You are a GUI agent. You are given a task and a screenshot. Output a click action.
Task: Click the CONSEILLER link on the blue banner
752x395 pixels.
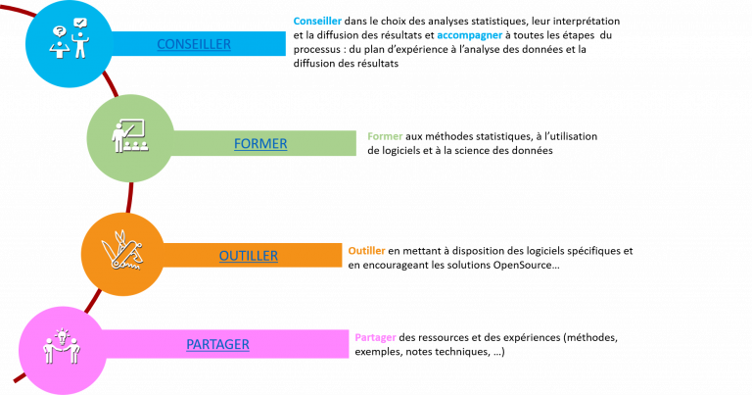pos(194,44)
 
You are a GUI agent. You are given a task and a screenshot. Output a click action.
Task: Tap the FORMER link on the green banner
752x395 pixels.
pos(260,143)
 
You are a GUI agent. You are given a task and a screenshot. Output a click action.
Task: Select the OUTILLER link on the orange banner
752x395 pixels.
pos(249,256)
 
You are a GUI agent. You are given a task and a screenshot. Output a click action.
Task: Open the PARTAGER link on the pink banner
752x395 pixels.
pos(217,344)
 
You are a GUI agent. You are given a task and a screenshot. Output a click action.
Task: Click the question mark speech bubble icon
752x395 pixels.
pos(60,32)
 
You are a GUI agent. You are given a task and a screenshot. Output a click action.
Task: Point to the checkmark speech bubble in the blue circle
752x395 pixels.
pos(80,24)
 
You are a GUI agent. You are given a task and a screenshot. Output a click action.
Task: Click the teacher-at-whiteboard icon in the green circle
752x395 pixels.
pos(128,136)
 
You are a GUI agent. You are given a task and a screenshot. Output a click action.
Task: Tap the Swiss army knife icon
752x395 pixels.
pos(122,250)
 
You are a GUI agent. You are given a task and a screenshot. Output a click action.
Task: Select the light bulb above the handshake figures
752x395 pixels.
pos(62,336)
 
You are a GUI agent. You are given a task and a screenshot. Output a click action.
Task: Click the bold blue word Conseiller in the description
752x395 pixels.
pos(317,22)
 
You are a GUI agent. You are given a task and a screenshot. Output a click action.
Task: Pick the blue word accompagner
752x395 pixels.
pos(470,35)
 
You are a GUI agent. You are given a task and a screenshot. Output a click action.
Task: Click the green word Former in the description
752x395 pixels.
pos(385,136)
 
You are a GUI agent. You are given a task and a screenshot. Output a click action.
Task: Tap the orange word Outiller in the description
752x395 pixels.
pos(366,251)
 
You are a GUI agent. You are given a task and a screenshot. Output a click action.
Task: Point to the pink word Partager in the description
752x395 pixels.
pos(376,337)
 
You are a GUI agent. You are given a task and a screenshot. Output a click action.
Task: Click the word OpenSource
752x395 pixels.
pos(522,265)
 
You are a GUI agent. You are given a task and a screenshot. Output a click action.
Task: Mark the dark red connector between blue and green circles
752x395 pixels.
pos(112,84)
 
